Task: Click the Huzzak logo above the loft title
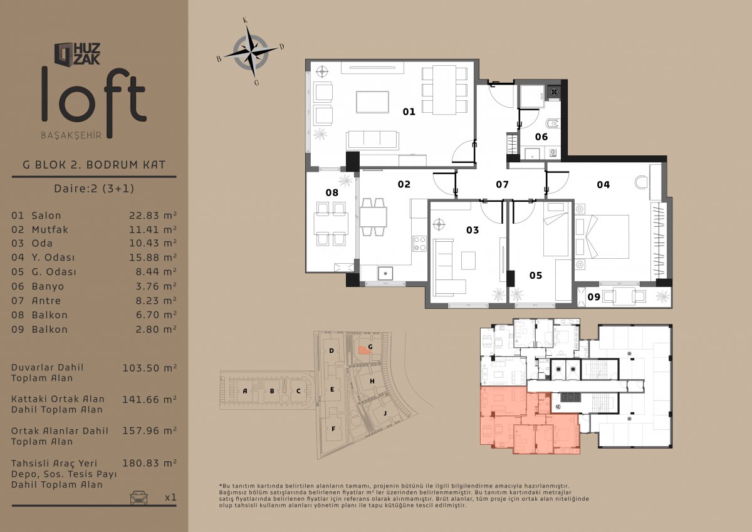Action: (77, 54)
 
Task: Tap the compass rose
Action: (251, 51)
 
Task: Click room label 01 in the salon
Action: (409, 112)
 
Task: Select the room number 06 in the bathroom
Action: (541, 137)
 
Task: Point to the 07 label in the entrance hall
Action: (502, 184)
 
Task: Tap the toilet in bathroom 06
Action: (553, 124)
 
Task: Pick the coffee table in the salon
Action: (372, 102)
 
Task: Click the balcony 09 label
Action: (593, 297)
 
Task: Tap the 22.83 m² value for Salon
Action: (153, 215)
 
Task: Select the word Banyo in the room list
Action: (48, 286)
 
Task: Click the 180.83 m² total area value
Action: (149, 463)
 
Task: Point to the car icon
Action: (138, 498)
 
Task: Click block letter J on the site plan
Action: (385, 413)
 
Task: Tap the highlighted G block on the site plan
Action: (363, 350)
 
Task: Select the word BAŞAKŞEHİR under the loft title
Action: (71, 135)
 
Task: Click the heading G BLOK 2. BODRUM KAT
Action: (94, 165)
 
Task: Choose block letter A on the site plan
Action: (245, 391)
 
